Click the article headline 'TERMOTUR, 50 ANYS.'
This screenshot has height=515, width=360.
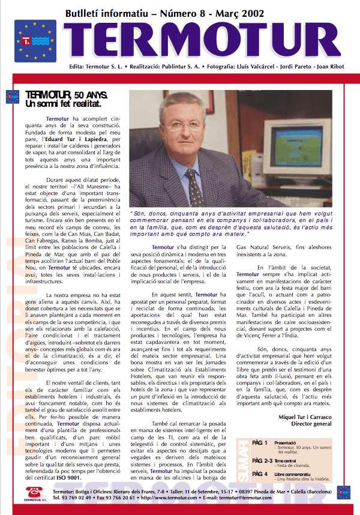point(67,95)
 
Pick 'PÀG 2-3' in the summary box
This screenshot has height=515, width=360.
point(263,459)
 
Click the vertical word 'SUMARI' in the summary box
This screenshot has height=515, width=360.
point(241,459)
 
